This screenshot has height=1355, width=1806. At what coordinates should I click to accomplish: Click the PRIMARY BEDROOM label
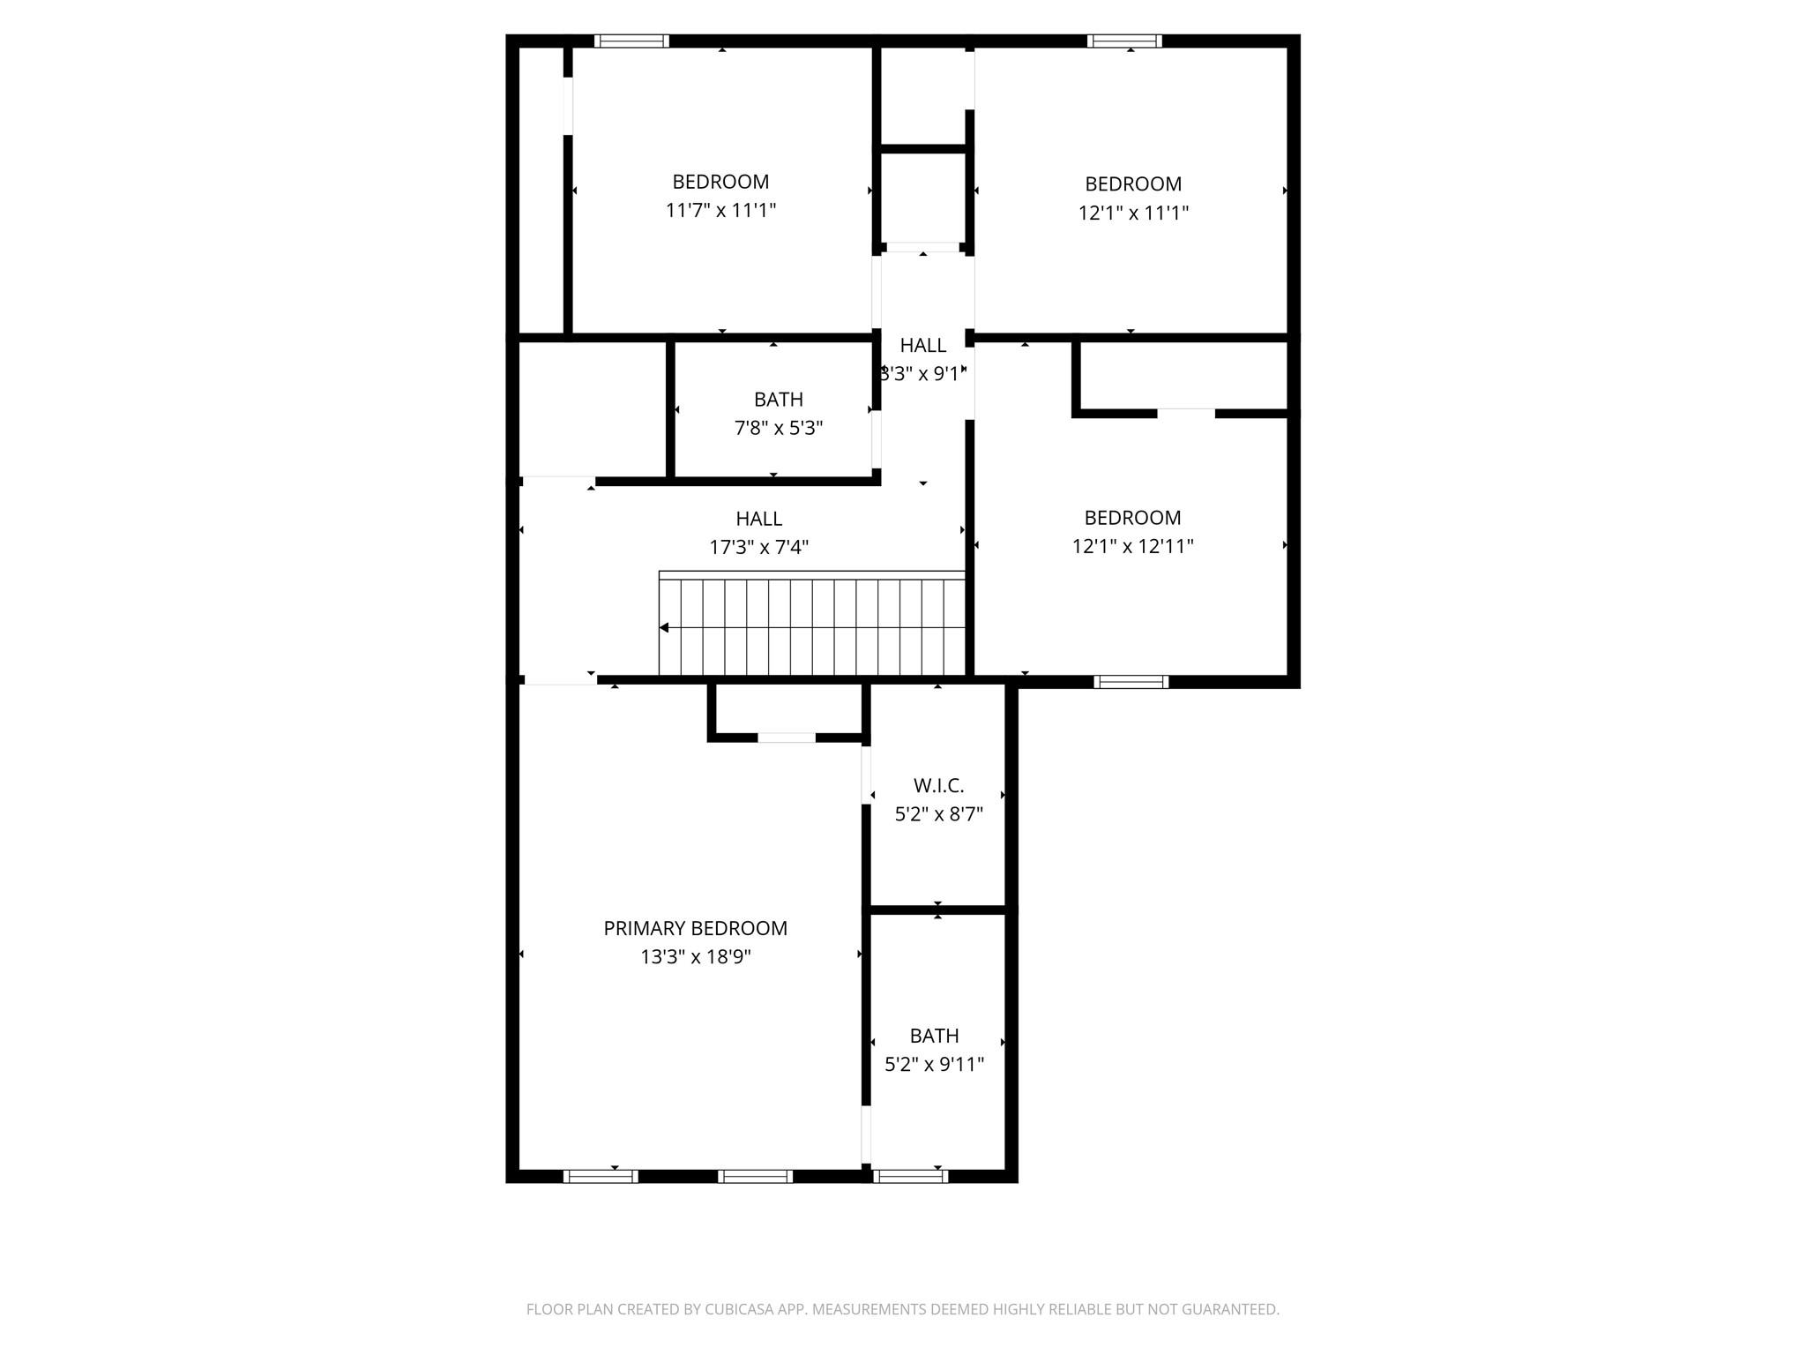pos(695,928)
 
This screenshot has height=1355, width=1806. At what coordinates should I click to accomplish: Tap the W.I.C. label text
pos(938,785)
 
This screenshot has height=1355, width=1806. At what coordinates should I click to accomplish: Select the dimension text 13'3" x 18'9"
pos(695,957)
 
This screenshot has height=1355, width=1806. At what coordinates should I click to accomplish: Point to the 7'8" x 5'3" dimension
pos(779,428)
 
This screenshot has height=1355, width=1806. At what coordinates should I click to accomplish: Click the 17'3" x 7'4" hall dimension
pos(758,547)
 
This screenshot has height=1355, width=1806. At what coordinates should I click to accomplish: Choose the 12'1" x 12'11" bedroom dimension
pos(1132,546)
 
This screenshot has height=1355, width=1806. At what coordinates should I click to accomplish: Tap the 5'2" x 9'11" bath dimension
pos(934,1065)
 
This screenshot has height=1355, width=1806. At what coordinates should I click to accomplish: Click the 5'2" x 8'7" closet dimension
pos(938,814)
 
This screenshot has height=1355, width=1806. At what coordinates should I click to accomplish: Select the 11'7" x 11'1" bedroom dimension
pos(720,211)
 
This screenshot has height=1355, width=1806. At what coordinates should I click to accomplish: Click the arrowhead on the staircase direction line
pos(664,628)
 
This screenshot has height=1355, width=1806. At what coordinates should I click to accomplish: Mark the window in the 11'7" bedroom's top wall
pos(631,41)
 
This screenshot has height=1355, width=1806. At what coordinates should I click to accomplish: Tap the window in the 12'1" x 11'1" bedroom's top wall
pos(1124,41)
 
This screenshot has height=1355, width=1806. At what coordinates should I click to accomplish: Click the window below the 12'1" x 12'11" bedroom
pos(1131,681)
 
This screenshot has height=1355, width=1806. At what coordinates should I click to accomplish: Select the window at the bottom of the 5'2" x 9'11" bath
pos(910,1176)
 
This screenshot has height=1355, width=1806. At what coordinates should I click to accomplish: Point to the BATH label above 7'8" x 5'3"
pos(779,400)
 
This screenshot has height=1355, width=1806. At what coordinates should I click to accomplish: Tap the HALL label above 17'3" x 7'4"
pos(758,519)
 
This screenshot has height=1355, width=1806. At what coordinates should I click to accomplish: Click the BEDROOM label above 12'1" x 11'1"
pos(1133,184)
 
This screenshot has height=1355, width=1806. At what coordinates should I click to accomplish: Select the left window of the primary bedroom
pos(600,1176)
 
